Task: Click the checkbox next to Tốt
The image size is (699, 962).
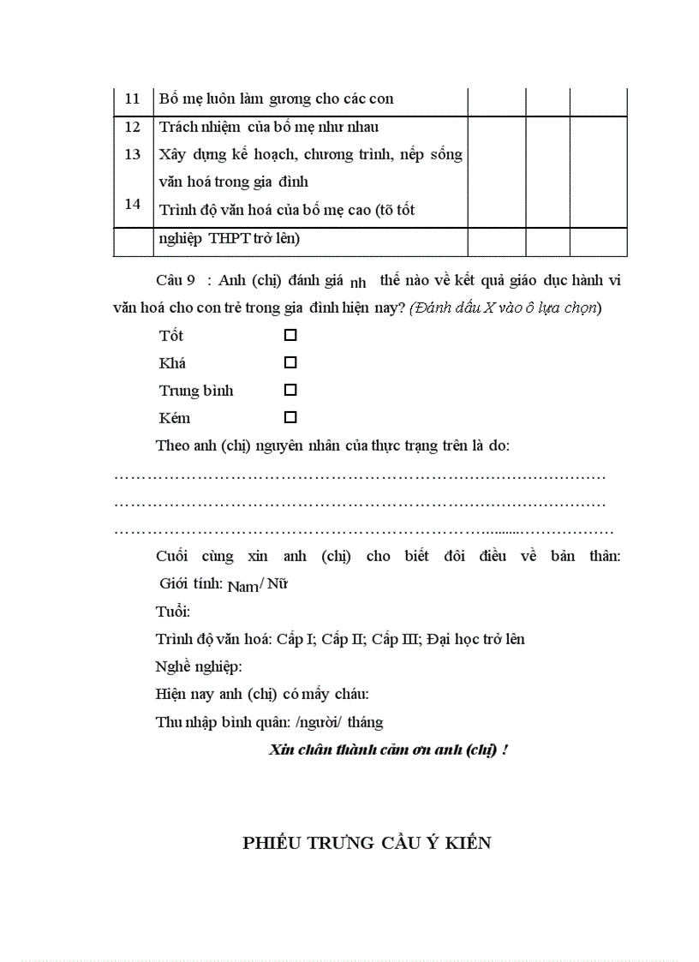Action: (x=290, y=335)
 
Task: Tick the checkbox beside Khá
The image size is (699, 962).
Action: (x=290, y=362)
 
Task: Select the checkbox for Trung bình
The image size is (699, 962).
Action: (x=290, y=390)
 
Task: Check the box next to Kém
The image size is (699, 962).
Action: (x=290, y=417)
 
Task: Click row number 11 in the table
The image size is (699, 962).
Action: (x=132, y=99)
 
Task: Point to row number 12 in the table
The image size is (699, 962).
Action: (x=132, y=127)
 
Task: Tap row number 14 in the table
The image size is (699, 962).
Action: (x=132, y=204)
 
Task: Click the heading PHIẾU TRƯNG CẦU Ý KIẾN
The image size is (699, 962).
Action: (x=367, y=843)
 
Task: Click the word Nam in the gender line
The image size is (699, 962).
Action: (x=242, y=587)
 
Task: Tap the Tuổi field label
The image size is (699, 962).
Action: (x=173, y=612)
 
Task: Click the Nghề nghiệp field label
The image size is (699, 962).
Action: (x=199, y=666)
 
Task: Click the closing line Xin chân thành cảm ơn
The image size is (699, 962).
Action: (x=388, y=750)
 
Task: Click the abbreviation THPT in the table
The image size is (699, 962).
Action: (x=228, y=239)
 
